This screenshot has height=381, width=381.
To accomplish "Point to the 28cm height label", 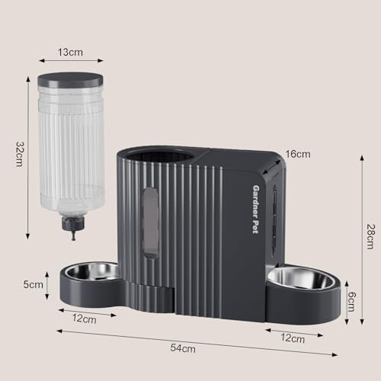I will pos(370,236).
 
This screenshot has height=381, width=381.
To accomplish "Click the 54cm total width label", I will pos(182,348).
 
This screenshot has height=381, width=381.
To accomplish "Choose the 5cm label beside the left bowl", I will pos(34,285).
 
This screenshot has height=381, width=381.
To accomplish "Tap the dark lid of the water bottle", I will pos(70,79).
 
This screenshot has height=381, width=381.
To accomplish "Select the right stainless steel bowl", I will pos(301,277).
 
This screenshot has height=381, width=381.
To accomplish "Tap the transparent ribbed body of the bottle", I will pos(71,145).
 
